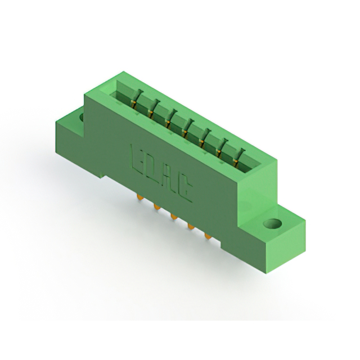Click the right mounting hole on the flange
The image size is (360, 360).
click(x=272, y=223)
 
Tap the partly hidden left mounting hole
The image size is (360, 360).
click(x=81, y=117)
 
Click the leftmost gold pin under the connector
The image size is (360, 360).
click(x=139, y=196)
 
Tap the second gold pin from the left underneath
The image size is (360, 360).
click(x=156, y=207)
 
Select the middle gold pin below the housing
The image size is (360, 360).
click(x=173, y=216)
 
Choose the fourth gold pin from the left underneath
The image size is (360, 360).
click(x=191, y=226)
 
